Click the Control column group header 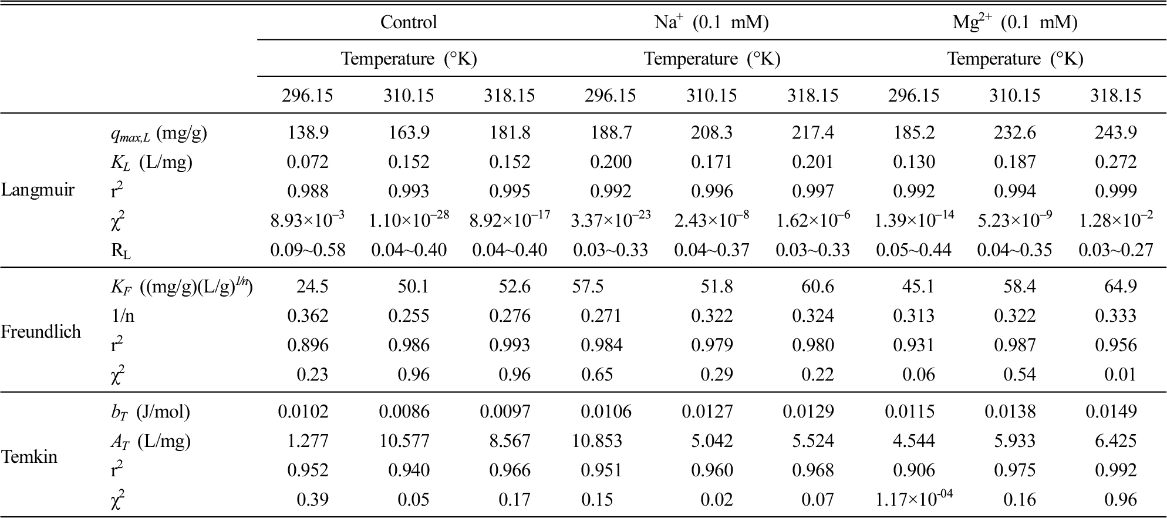pyautogui.click(x=409, y=22)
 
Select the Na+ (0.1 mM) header pyautogui.click(x=711, y=22)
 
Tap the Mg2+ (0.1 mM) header pyautogui.click(x=1015, y=22)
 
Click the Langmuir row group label pyautogui.click(x=38, y=190)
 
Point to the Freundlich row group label pyautogui.click(x=41, y=332)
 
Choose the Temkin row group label pyautogui.click(x=29, y=456)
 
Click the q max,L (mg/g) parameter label pyautogui.click(x=159, y=134)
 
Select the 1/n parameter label pyautogui.click(x=123, y=316)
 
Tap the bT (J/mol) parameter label pyautogui.click(x=151, y=412)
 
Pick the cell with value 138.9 pyautogui.click(x=308, y=133)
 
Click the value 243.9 pyautogui.click(x=1116, y=133)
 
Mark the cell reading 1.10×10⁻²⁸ pyautogui.click(x=409, y=220)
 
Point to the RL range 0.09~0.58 pyautogui.click(x=308, y=250)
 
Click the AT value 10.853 pyautogui.click(x=598, y=441)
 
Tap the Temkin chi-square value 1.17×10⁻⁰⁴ pyautogui.click(x=913, y=498)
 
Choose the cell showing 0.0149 pyautogui.click(x=1111, y=412)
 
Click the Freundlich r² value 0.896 pyautogui.click(x=308, y=345)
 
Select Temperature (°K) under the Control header pyautogui.click(x=409, y=59)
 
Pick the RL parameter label pyautogui.click(x=121, y=251)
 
